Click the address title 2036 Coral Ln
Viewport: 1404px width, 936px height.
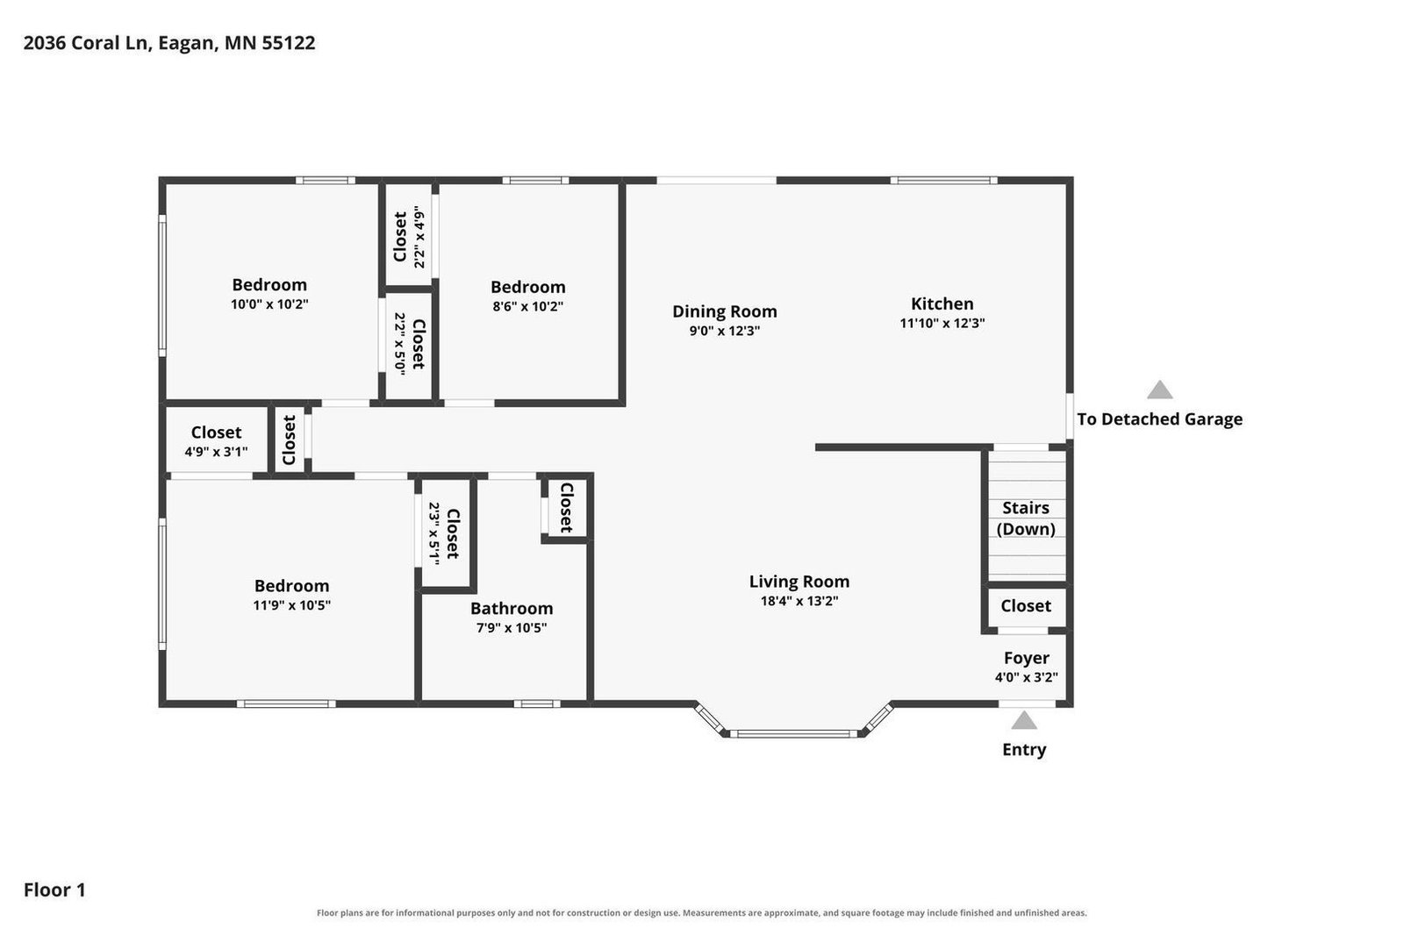pyautogui.click(x=88, y=43)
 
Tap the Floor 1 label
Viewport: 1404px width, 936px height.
pyautogui.click(x=54, y=890)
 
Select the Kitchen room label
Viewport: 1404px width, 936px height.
pyautogui.click(x=942, y=304)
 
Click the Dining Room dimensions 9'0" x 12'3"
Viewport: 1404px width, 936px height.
pyautogui.click(x=725, y=331)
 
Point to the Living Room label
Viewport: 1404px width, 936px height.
pyautogui.click(x=799, y=582)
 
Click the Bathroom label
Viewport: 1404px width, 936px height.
pyautogui.click(x=512, y=608)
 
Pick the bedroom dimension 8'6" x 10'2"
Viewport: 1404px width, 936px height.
pyautogui.click(x=527, y=306)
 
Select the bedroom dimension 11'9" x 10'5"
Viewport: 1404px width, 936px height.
pyautogui.click(x=291, y=605)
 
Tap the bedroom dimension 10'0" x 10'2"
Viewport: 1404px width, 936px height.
pyautogui.click(x=269, y=304)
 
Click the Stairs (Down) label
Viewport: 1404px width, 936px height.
pyautogui.click(x=1026, y=518)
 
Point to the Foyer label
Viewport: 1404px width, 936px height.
pyautogui.click(x=1026, y=658)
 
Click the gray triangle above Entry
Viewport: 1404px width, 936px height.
pyautogui.click(x=1023, y=720)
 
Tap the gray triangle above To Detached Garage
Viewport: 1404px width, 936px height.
pyautogui.click(x=1159, y=389)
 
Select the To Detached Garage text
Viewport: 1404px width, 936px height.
pyautogui.click(x=1159, y=419)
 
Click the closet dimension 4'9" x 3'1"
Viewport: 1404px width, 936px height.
pyautogui.click(x=216, y=452)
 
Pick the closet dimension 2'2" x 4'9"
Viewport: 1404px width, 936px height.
pyautogui.click(x=419, y=237)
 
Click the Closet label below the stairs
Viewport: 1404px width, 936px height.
pyautogui.click(x=1026, y=606)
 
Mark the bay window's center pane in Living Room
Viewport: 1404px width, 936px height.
pyautogui.click(x=793, y=733)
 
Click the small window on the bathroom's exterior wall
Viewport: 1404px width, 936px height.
pyautogui.click(x=537, y=704)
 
